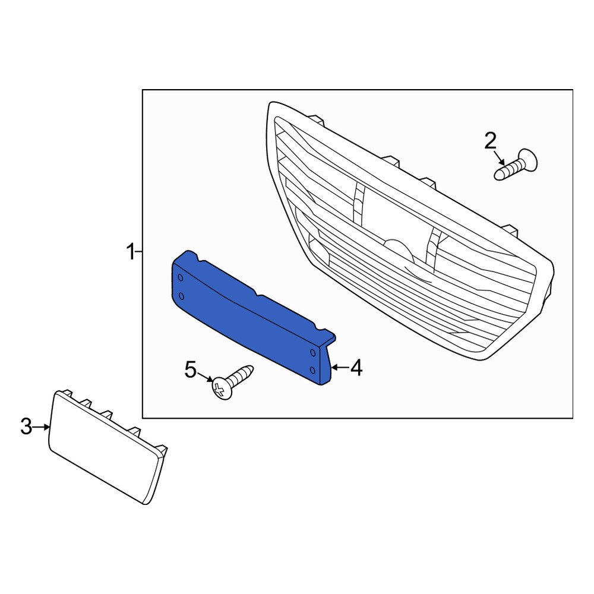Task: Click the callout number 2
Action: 490,141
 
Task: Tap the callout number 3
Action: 26,426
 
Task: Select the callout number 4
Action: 356,368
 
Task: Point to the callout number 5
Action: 190,370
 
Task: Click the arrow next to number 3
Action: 43,426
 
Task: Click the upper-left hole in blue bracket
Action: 181,278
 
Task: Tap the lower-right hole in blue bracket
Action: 312,370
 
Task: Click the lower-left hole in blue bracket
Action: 181,296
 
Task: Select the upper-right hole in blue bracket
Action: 312,353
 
